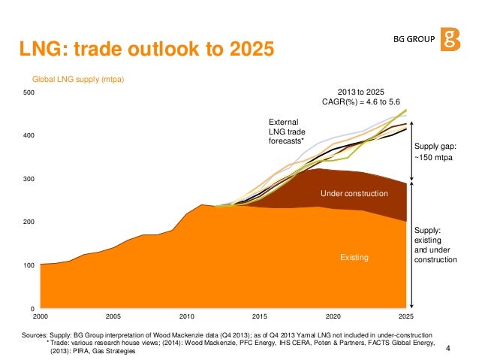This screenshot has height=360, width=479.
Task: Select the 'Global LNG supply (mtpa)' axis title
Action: pos(77,78)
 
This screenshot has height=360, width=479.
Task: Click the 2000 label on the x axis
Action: pos(41,316)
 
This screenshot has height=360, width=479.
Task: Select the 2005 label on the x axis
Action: pos(113,316)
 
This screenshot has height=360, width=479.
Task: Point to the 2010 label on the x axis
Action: pos(186,316)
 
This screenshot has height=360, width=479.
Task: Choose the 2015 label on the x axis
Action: pos(259,316)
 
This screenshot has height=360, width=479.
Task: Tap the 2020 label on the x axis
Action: pos(333,316)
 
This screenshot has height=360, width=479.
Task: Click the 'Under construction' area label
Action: pos(354,194)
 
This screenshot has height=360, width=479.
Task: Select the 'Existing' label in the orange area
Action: pos(354,257)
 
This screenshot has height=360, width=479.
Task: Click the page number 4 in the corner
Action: pos(448,347)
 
